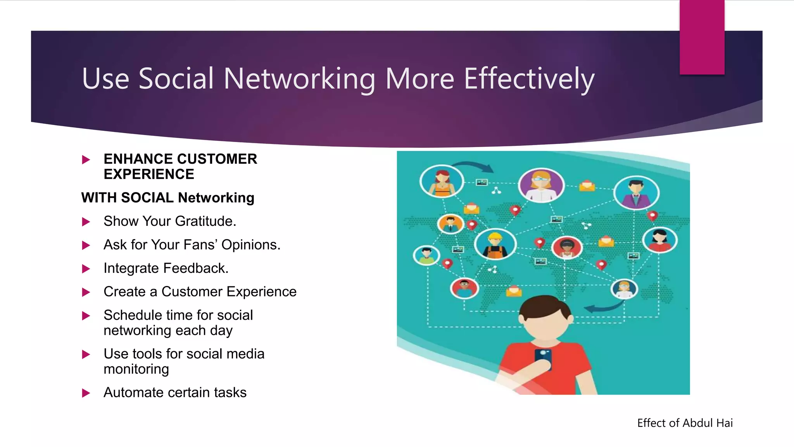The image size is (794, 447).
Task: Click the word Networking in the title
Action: (x=299, y=79)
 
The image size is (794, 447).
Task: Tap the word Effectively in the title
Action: (x=529, y=79)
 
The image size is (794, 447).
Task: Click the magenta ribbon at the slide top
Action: (x=702, y=37)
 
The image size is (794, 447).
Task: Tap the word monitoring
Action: (x=136, y=369)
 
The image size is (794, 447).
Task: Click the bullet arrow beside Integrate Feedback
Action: (x=86, y=269)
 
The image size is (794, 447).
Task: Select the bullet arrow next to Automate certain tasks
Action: (x=86, y=393)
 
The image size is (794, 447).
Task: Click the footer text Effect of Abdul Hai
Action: (x=685, y=423)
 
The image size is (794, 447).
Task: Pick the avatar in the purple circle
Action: (x=541, y=185)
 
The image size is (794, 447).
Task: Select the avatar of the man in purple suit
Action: (x=636, y=192)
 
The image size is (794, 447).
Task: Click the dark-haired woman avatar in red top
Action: (x=659, y=240)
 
